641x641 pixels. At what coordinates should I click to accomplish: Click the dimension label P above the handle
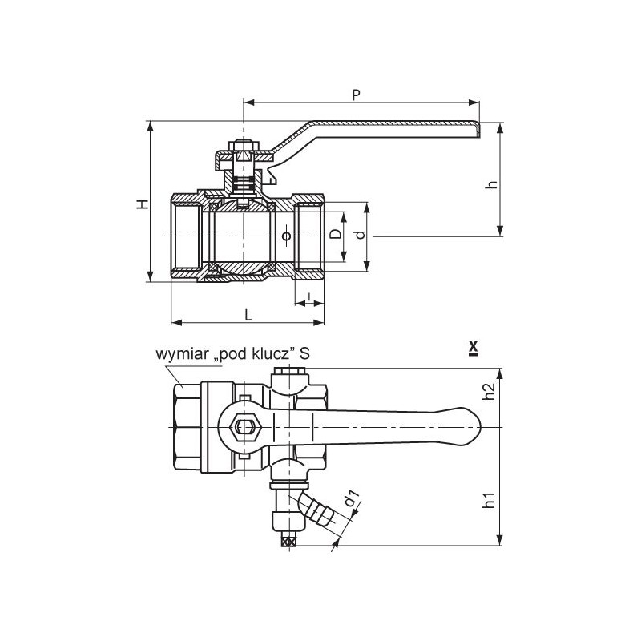click(357, 95)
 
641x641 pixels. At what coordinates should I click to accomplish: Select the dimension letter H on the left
click(143, 204)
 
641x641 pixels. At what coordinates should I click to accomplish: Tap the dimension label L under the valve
click(248, 315)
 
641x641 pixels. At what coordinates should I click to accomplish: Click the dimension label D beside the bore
click(336, 234)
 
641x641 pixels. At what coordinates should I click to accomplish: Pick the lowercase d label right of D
click(359, 235)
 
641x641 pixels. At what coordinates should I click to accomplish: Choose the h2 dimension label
click(489, 391)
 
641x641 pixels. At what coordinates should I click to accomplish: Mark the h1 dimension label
click(489, 499)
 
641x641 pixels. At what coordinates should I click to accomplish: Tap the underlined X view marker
click(474, 349)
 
